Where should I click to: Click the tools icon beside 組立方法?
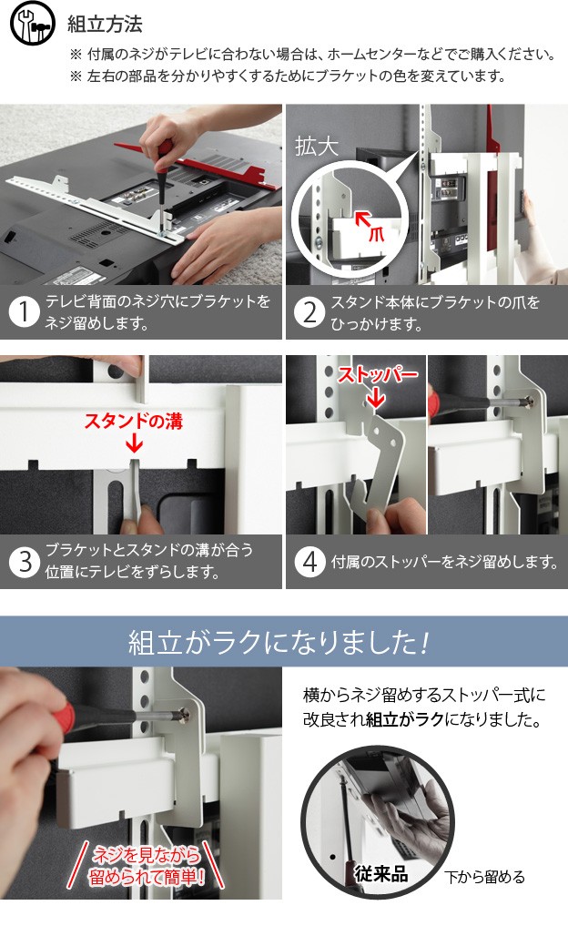click(33, 23)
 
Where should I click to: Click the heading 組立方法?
click(105, 25)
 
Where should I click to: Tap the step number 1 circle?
click(24, 311)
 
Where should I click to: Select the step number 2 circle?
click(309, 312)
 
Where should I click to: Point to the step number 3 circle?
click(24, 561)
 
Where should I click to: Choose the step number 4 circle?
click(309, 561)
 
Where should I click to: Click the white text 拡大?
click(317, 147)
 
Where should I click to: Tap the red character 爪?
click(376, 234)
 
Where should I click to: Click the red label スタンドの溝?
click(134, 421)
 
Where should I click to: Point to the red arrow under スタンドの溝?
click(134, 443)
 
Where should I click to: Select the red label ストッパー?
click(378, 374)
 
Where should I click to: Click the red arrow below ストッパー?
click(376, 399)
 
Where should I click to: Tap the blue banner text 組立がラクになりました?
click(278, 642)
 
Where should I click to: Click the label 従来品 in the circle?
click(380, 873)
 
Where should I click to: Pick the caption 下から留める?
click(484, 877)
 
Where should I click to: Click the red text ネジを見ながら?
click(147, 855)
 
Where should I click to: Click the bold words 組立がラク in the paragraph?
click(404, 720)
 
